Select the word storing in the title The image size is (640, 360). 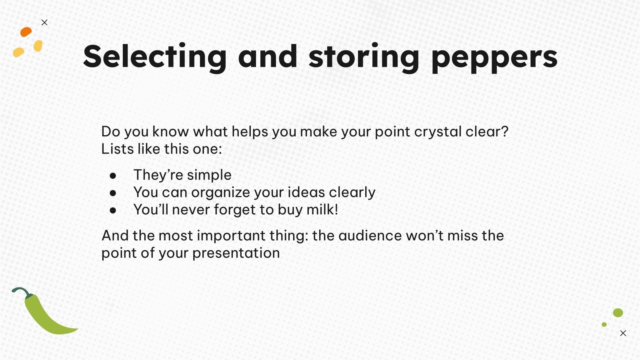(364, 57)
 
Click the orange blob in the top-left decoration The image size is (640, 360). (26, 32)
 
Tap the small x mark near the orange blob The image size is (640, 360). (44, 22)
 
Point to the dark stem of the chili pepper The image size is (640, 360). (22, 291)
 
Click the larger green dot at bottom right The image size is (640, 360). (618, 313)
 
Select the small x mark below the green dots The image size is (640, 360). (623, 333)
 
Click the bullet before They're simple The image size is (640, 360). (113, 176)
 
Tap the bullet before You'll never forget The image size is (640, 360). (113, 210)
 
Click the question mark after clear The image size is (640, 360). (504, 132)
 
